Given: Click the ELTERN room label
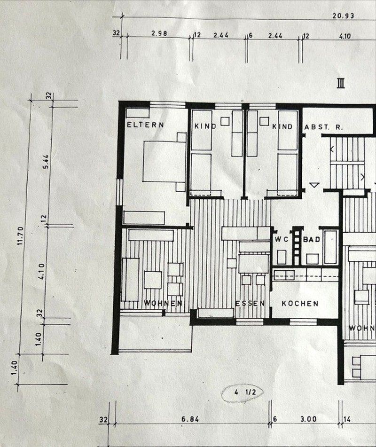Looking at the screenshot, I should [145, 125].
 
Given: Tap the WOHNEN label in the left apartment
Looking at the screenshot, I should [163, 303].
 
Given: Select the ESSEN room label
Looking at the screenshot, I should [250, 303].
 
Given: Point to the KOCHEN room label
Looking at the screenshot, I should [300, 304].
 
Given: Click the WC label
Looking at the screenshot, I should [281, 240].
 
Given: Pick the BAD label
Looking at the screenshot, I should [312, 240].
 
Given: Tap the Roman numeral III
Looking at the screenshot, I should [341, 84].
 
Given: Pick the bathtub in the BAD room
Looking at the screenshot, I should [330, 246].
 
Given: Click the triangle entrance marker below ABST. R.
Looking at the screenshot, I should [314, 185].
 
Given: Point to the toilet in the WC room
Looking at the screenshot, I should [282, 257].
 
